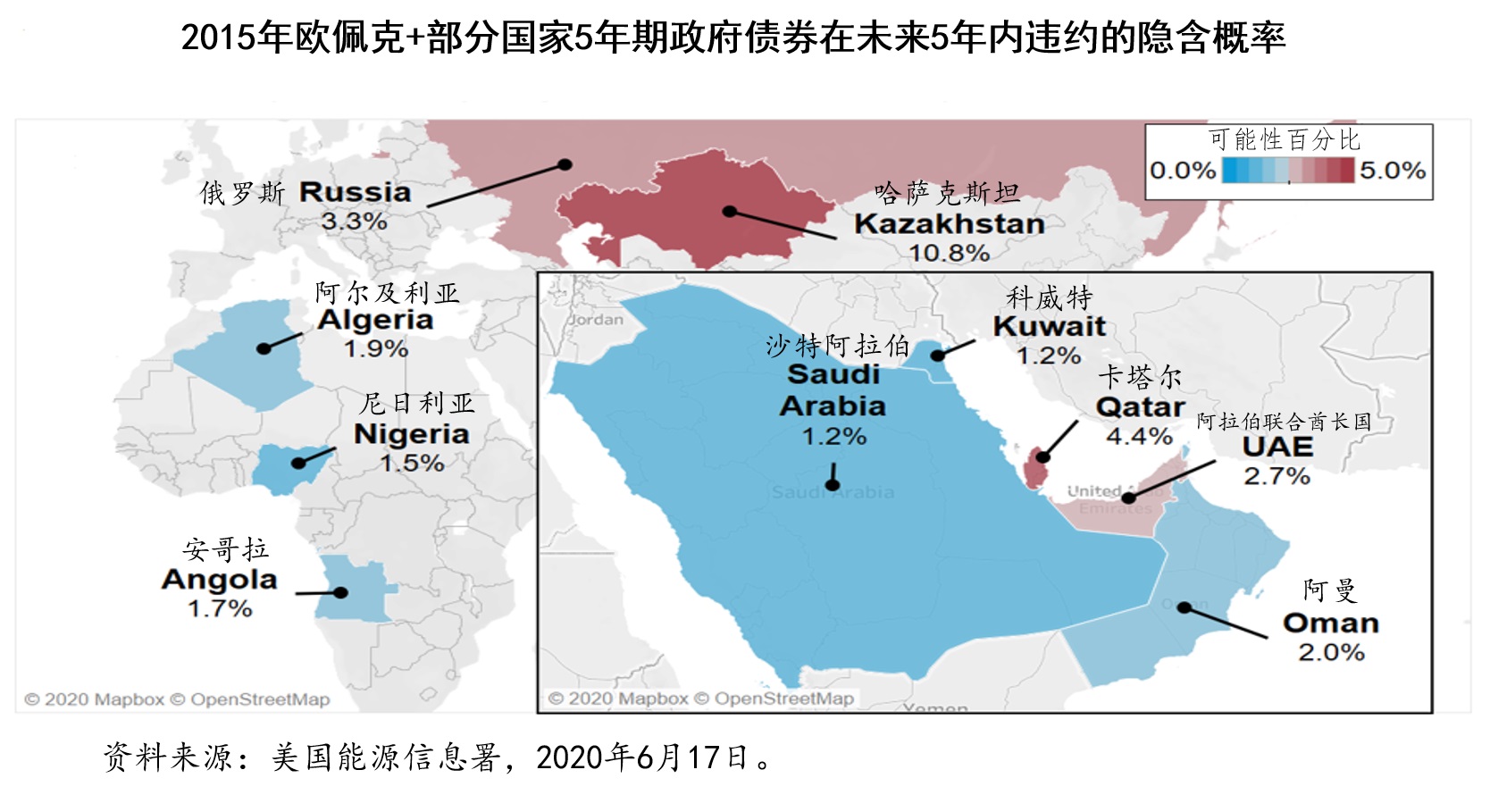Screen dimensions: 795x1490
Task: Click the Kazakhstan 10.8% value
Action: point(949,253)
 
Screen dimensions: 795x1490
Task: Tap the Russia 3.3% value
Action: point(354,221)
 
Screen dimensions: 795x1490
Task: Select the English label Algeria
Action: point(375,320)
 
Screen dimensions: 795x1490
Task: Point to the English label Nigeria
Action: point(411,434)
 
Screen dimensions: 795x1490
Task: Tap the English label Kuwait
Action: point(1049,326)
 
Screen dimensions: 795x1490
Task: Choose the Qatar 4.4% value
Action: point(1139,436)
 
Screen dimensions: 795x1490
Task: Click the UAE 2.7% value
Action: point(1277,476)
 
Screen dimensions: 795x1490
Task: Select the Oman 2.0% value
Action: point(1331,652)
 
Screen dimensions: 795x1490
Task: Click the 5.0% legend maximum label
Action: point(1393,171)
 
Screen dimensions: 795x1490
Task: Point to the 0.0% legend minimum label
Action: point(1183,171)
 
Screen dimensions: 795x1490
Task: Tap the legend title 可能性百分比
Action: point(1284,139)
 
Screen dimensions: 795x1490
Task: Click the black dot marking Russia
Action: point(565,164)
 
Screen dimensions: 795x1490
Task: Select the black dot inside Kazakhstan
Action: point(730,212)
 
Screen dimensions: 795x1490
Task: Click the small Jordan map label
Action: point(596,320)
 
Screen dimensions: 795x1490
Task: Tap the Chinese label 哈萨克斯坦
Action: point(946,192)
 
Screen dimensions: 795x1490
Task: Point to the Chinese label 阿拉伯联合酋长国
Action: point(1284,421)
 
